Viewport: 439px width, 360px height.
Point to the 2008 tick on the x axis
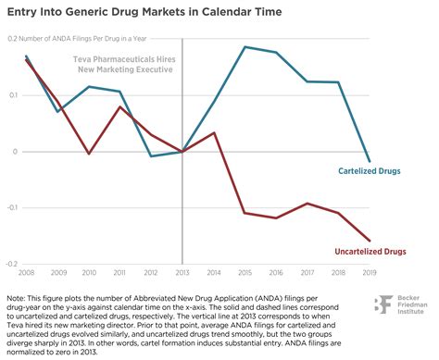click(26, 272)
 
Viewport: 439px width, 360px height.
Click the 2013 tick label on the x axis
click(182, 272)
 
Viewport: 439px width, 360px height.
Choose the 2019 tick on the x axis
click(370, 272)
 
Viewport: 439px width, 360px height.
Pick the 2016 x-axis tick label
click(276, 272)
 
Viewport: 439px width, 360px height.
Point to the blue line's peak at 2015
click(245, 46)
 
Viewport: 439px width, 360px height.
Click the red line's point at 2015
click(245, 213)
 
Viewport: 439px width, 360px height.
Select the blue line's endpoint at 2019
click(370, 161)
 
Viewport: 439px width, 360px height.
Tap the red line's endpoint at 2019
click(370, 240)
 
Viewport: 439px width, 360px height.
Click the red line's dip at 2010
click(88, 154)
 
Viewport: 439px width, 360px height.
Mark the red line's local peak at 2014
click(214, 132)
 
